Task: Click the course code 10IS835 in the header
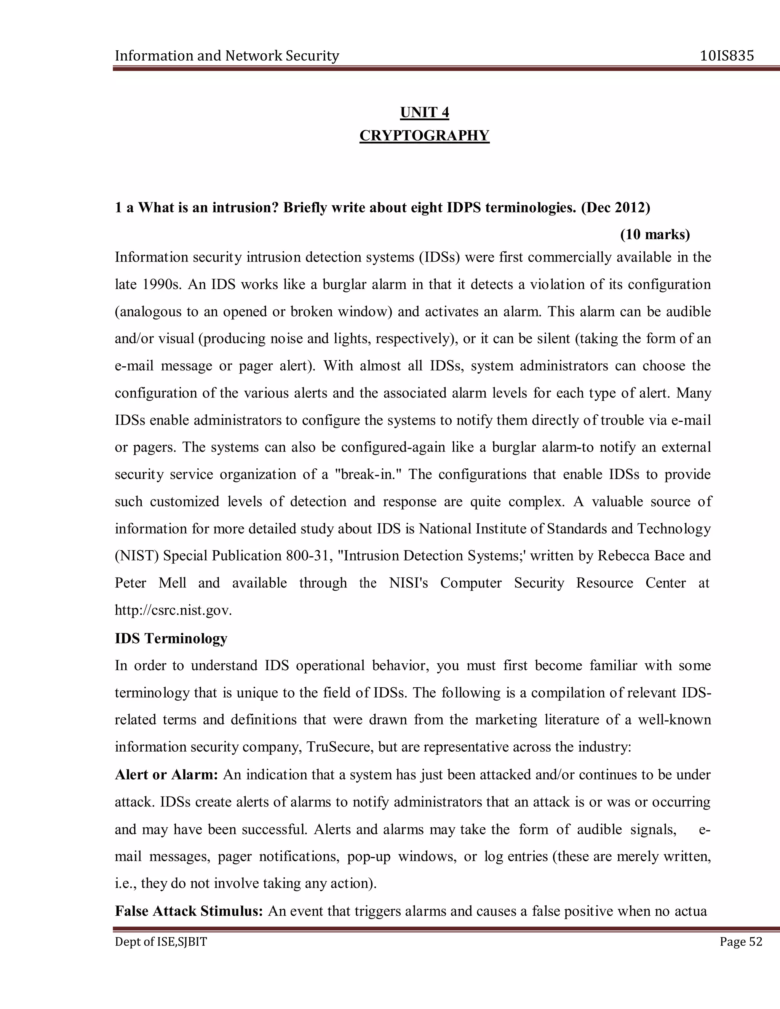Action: pos(727,56)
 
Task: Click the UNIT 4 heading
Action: pos(424,112)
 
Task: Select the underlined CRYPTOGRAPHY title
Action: pos(424,136)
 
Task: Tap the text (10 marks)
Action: pos(654,235)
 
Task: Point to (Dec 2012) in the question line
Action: pos(615,208)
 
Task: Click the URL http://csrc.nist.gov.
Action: pos(173,610)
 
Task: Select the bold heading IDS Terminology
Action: pos(171,639)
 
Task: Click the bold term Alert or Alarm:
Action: pos(166,775)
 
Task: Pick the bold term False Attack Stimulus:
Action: pos(189,911)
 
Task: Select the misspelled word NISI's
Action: pos(409,583)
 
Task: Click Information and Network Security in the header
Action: pos(227,56)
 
